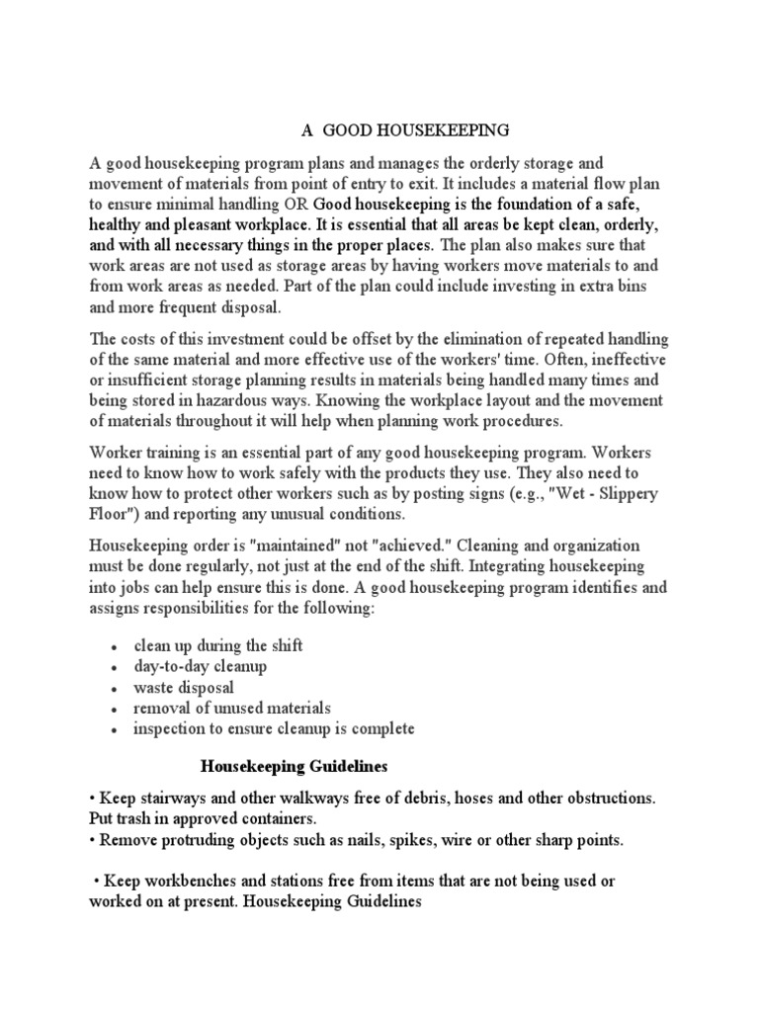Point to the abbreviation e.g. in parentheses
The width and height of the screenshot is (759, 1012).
497,494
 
